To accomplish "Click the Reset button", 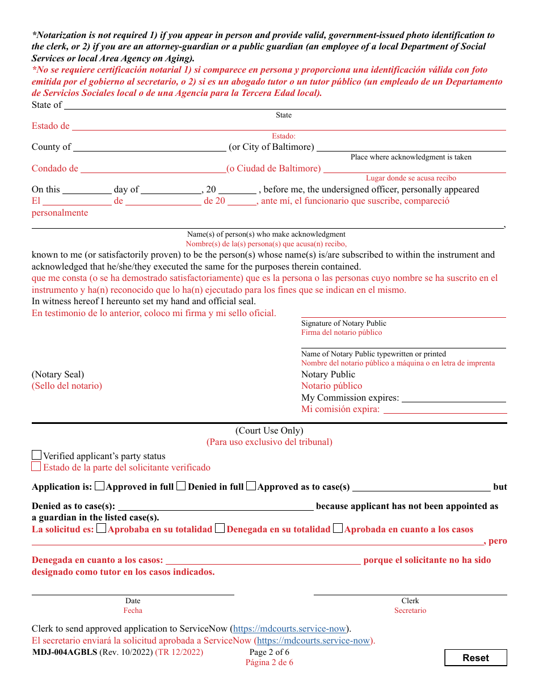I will coord(475,658).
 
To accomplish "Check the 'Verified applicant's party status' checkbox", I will coord(37,455).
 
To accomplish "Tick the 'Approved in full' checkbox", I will coord(100,486).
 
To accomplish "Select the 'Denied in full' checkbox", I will coord(181,486).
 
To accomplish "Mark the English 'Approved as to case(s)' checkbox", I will coord(251,486).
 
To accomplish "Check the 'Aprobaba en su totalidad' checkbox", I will coord(101,529).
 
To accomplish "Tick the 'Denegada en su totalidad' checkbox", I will coord(220,529).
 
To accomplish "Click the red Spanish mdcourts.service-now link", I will coord(313,641).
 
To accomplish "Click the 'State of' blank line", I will coord(284,106).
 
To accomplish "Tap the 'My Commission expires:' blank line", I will coord(453,399).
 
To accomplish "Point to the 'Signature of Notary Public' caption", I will coord(344,323).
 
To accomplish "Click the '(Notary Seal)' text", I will coord(58,375).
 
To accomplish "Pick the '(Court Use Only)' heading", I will coord(269,431).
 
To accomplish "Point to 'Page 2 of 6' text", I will coord(269,653).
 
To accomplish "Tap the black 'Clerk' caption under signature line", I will coord(410,601).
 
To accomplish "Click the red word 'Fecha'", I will coord(133,611).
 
